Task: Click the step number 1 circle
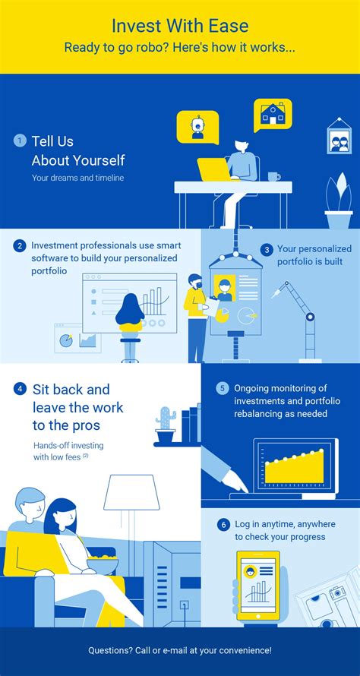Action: (x=20, y=141)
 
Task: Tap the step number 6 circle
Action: (x=223, y=525)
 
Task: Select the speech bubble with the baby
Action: (x=197, y=127)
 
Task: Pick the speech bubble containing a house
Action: (x=273, y=115)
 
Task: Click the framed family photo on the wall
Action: (x=339, y=135)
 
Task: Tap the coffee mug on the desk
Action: (x=273, y=176)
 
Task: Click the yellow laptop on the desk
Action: (x=215, y=169)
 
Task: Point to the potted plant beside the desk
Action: (x=339, y=201)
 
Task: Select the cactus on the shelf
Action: (x=166, y=425)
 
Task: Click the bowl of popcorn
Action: (x=103, y=564)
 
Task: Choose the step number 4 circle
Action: (x=20, y=389)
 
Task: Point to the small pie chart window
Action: (x=77, y=338)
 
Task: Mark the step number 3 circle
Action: (x=267, y=250)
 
